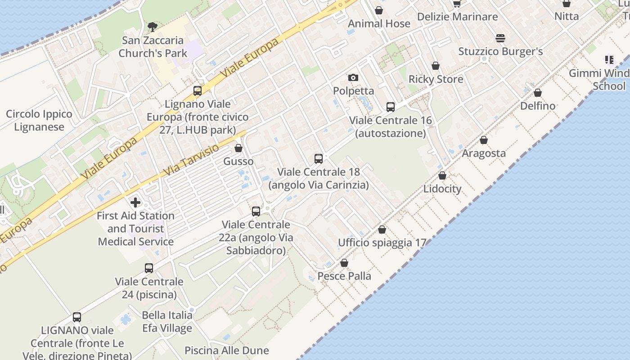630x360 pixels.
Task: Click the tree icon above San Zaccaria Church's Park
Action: pos(153,27)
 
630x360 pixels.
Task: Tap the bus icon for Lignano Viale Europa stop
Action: pos(197,91)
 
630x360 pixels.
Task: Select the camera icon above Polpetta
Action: pos(353,77)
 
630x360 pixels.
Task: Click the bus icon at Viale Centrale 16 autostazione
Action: pos(390,107)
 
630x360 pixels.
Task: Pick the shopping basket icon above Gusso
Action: pos(238,148)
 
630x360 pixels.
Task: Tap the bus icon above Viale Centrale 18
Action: pos(319,158)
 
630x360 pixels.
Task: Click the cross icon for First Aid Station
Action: pos(135,202)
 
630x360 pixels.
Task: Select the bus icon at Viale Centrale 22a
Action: pos(256,211)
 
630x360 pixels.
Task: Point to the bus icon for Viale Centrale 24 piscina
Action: pos(149,268)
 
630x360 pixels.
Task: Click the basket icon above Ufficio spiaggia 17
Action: pos(382,229)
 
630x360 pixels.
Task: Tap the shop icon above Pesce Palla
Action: pos(344,263)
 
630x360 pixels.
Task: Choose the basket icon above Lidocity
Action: pos(442,175)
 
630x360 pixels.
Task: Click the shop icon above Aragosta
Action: pos(484,140)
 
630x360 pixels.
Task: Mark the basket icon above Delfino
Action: pos(537,93)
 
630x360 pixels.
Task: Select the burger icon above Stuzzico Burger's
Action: pos(500,38)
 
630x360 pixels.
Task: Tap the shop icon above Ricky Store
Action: pos(435,66)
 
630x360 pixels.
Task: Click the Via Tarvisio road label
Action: pos(191,160)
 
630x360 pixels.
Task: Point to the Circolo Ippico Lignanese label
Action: pos(39,121)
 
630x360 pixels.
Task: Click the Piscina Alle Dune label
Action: pos(227,350)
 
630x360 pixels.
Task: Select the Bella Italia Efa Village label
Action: pos(167,321)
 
